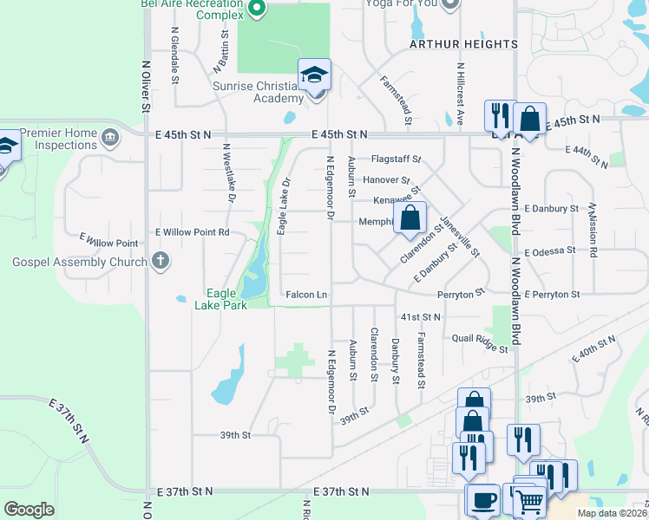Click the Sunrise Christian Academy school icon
pos(314,75)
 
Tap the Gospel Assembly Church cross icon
pos(159,261)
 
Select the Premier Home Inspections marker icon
pos(110,136)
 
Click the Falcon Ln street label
pos(306,296)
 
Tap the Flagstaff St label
pos(396,159)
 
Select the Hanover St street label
pos(386,179)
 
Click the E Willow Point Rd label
pos(192,232)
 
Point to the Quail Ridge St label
pos(480,345)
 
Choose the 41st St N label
pos(420,317)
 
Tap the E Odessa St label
pos(550,250)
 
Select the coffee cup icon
pos(482,501)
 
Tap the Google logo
pos(29,509)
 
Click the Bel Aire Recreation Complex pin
pos(256,9)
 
